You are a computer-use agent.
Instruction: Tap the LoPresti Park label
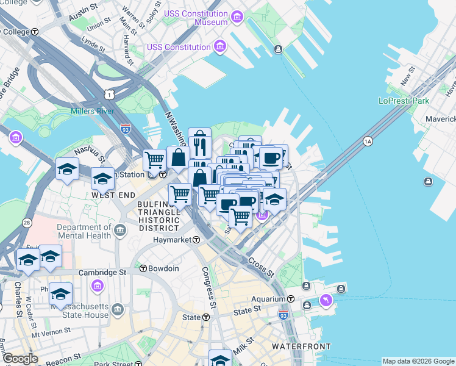click(x=404, y=101)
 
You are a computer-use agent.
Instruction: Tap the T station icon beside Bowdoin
click(x=143, y=268)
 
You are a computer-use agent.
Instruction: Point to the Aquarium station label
click(x=268, y=299)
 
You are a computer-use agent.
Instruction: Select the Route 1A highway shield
click(x=368, y=142)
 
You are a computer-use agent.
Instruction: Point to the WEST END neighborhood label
click(x=113, y=195)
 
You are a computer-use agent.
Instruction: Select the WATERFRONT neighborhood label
click(x=301, y=346)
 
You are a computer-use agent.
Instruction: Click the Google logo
click(x=20, y=359)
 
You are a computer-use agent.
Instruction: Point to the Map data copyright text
click(x=418, y=361)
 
